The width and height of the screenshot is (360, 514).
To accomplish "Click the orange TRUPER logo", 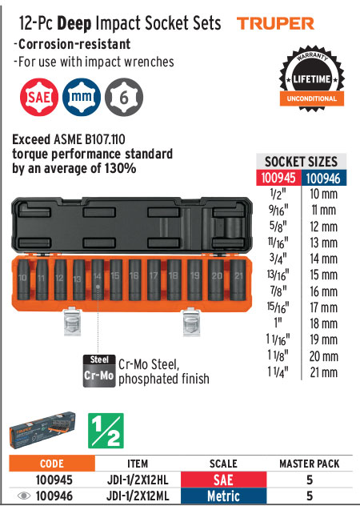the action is click(275, 23).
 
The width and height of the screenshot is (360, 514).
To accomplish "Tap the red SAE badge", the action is click(39, 97).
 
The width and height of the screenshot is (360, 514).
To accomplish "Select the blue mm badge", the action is click(82, 97).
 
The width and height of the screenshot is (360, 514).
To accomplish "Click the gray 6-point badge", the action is click(124, 97).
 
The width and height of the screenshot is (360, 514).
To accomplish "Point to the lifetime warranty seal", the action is click(311, 78).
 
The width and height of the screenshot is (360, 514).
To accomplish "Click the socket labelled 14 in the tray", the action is click(98, 279).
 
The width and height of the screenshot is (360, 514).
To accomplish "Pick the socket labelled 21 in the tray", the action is click(238, 279).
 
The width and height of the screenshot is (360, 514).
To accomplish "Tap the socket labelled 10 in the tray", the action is click(23, 279).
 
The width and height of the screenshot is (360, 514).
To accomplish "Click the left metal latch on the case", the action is click(72, 321).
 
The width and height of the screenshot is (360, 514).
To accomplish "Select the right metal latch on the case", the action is click(191, 321).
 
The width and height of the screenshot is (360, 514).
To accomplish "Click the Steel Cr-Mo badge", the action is click(99, 371).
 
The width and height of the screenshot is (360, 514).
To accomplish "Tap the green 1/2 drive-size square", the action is click(106, 431).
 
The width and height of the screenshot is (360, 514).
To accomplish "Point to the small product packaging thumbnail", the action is click(42, 430).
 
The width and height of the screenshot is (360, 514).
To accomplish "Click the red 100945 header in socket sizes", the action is click(278, 178).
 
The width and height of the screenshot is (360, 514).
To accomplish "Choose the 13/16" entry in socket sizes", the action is click(278, 275).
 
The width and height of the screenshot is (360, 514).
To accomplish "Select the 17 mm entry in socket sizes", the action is click(324, 307).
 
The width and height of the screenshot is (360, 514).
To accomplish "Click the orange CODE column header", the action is click(52, 464).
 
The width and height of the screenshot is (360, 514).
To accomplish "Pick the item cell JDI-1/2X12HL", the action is click(138, 480).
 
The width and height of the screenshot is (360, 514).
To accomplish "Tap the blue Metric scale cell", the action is click(223, 496).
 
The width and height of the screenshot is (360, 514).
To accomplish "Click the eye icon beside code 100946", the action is click(23, 496).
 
